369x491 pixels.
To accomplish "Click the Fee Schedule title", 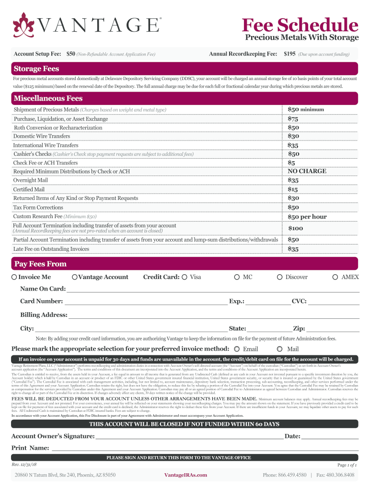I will pyautogui.click(x=300, y=24).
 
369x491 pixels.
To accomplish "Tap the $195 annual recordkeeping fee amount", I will pyautogui.click(x=289, y=55).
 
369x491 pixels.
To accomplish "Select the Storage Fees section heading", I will pyautogui.click(x=36, y=69).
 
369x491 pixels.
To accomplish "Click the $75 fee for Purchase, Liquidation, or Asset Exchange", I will pyautogui.click(x=293, y=119).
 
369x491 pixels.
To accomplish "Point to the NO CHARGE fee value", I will pyautogui.click(x=307, y=171).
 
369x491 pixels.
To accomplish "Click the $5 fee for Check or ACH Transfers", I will pyautogui.click(x=291, y=163).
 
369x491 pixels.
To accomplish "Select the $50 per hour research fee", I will pyautogui.click(x=307, y=217).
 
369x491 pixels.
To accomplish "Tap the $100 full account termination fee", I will pyautogui.click(x=296, y=229).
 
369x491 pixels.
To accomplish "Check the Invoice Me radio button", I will pyautogui.click(x=14, y=277).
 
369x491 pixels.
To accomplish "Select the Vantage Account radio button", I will pyautogui.click(x=74, y=277).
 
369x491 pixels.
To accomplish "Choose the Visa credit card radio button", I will pyautogui.click(x=184, y=277).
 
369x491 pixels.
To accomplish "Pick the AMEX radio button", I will pyautogui.click(x=335, y=277).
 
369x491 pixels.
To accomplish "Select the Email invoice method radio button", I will pyautogui.click(x=237, y=349).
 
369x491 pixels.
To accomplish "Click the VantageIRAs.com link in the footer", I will pyautogui.click(x=185, y=475).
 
